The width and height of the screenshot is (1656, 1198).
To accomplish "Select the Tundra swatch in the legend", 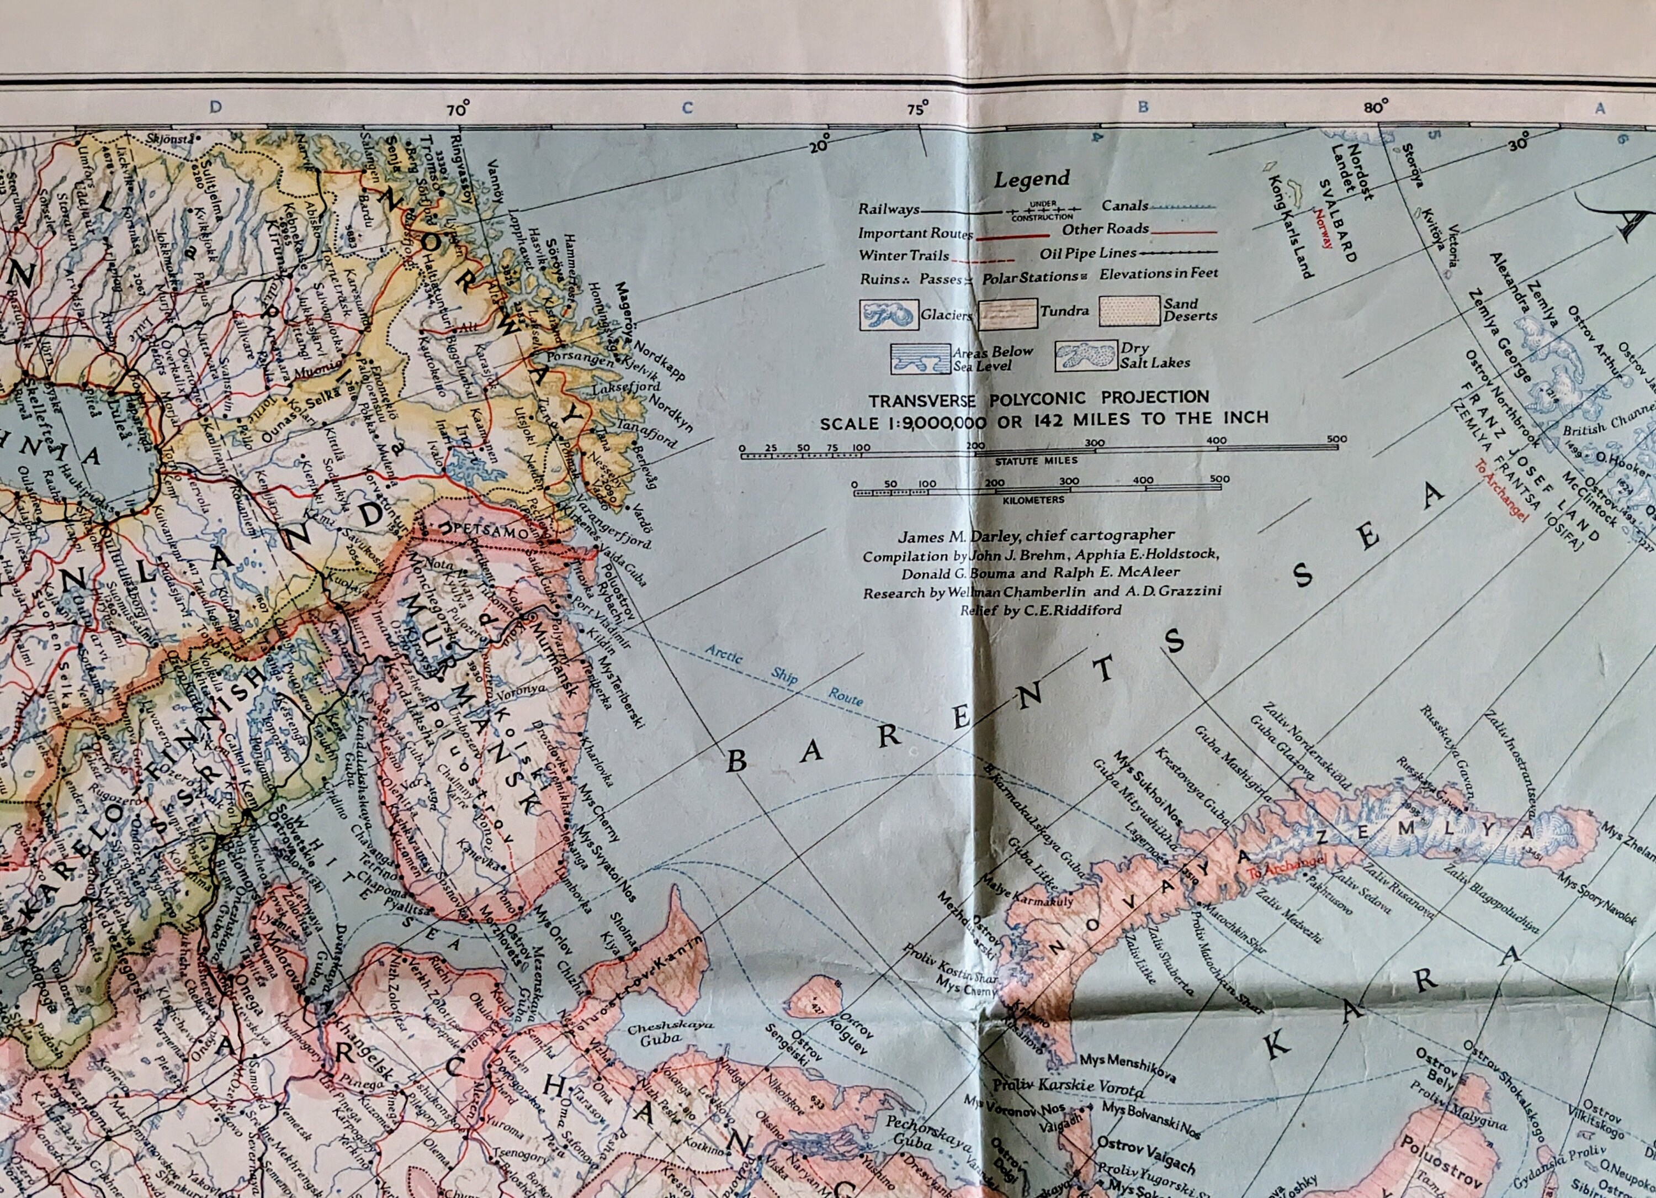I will (1007, 314).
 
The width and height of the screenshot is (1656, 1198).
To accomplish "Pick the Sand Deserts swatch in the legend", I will (1129, 310).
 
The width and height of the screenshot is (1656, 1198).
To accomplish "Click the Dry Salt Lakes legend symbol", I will (1085, 356).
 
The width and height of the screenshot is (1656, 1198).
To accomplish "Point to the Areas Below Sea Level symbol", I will (920, 358).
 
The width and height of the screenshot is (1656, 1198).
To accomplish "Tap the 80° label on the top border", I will (1376, 107).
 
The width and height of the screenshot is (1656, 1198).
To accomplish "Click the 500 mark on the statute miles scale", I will (1337, 439).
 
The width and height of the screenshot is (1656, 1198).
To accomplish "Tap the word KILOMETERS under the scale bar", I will (1033, 500).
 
